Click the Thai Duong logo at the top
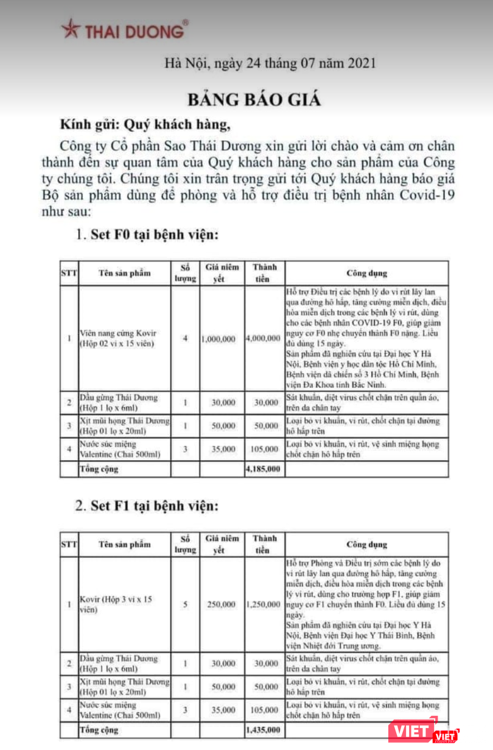(125, 29)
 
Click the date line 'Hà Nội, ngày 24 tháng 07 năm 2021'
(270, 63)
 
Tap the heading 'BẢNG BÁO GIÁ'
(253, 99)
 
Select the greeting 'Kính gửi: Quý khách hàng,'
(145, 126)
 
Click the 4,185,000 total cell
(264, 470)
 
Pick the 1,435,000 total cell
(264, 729)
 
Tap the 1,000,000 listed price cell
(217, 338)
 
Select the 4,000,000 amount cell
(264, 338)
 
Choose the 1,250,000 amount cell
(264, 605)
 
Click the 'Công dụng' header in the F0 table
(367, 274)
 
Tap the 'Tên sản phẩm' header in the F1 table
(124, 544)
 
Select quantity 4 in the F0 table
(186, 338)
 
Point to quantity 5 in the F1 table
(186, 605)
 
